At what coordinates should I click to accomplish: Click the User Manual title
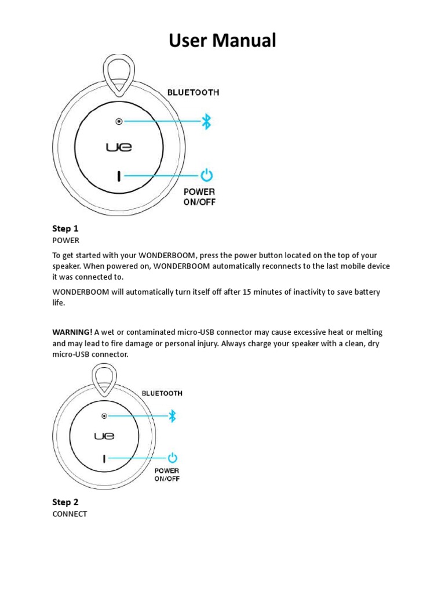[x=222, y=41]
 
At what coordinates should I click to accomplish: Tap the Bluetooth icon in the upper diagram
[x=206, y=121]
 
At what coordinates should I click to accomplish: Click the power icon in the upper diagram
[x=207, y=175]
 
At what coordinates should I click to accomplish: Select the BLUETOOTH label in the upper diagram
[x=194, y=92]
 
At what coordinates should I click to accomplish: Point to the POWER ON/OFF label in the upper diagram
[x=199, y=197]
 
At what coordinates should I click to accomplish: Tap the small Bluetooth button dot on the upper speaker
[x=119, y=122]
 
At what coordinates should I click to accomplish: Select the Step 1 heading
[x=65, y=229]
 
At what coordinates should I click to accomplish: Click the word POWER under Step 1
[x=65, y=240]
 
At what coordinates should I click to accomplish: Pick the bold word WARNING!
[x=72, y=332]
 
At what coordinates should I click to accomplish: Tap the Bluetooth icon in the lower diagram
[x=172, y=415]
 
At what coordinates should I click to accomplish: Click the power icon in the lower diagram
[x=173, y=458]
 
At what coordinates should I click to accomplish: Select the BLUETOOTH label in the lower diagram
[x=162, y=393]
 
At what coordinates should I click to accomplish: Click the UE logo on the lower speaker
[x=104, y=436]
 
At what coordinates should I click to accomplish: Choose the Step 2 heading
[x=65, y=502]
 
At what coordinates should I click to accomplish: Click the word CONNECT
[x=70, y=514]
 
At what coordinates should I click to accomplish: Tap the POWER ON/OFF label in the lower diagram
[x=167, y=475]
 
